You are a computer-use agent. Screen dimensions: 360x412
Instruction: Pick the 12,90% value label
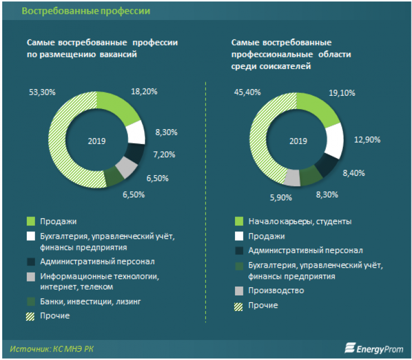pos(367,139)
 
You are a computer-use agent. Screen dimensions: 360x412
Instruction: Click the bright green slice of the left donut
pos(117,106)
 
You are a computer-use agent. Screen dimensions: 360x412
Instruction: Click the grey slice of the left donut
pos(128,167)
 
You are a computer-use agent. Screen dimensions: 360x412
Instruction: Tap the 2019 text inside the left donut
pos(96,141)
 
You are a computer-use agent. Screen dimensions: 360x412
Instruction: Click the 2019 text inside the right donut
pos(297,141)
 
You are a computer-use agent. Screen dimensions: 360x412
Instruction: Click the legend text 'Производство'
pos(277,290)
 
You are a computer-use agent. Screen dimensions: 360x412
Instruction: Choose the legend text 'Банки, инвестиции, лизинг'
pos(83,301)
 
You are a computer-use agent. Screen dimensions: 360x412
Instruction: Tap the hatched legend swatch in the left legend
pos(31,316)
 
